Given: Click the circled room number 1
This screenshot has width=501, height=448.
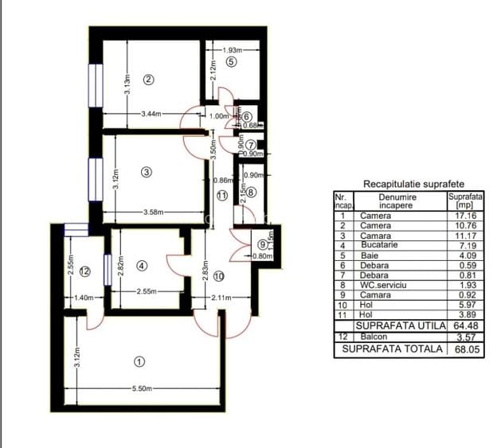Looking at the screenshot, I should pos(139,362).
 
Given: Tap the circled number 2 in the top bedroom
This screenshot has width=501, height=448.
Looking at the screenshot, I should pos(147,79).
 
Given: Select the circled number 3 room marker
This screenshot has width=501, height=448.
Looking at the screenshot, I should pos(146,171).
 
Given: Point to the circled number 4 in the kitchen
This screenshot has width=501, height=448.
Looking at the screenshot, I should pos(141,266).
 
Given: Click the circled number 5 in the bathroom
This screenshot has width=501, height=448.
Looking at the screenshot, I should pos(231,61).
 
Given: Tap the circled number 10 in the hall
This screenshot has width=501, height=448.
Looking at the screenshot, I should pos(219,276).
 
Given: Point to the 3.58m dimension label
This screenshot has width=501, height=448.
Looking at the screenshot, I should pos(154,212).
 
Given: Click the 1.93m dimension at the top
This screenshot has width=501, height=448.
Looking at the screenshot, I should pos(233,51).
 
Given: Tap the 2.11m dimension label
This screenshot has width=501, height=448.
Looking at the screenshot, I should pos(222,298).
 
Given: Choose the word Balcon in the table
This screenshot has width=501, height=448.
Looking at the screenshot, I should pos(374,337).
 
